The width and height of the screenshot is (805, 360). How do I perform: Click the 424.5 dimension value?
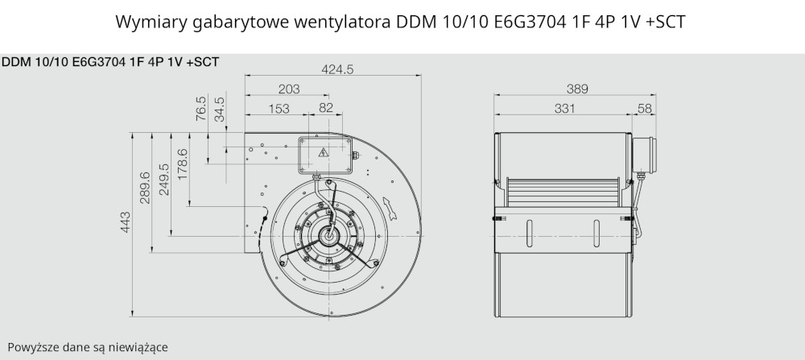(x=337, y=69)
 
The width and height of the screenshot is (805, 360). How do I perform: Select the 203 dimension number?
(x=289, y=89)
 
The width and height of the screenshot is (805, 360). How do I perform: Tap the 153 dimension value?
(x=279, y=109)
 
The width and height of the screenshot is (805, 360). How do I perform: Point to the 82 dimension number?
(x=326, y=108)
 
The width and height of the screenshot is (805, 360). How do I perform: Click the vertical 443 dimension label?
(x=126, y=221)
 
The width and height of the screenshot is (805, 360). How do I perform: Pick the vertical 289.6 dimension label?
(x=145, y=188)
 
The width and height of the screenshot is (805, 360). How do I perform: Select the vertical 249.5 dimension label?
(x=163, y=180)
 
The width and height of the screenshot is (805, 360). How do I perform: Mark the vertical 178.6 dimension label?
(x=183, y=163)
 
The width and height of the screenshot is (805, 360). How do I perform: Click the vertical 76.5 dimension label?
(x=201, y=109)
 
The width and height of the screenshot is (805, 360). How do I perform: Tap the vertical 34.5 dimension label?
(x=220, y=109)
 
